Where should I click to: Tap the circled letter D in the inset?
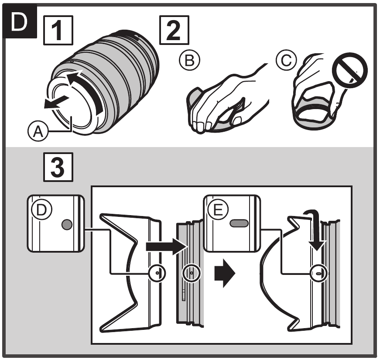[x=42, y=209]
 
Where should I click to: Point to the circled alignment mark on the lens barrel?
[x=190, y=273]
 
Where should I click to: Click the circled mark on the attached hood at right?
[x=318, y=273]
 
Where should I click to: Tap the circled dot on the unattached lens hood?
[x=157, y=273]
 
